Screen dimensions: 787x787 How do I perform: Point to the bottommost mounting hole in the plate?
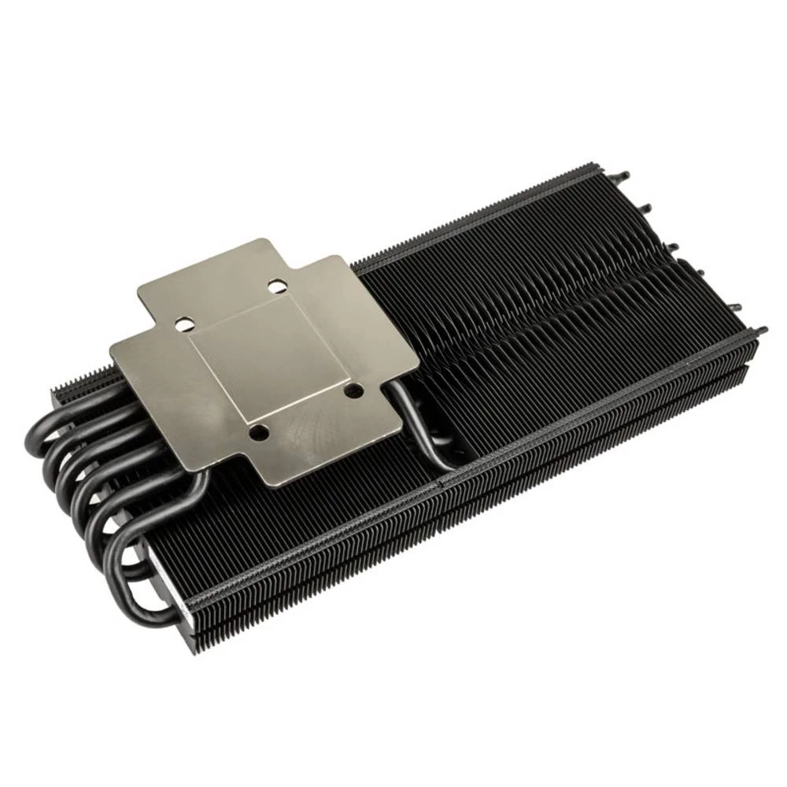pos(256,431)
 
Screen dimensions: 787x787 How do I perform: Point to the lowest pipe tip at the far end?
pos(762,331)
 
